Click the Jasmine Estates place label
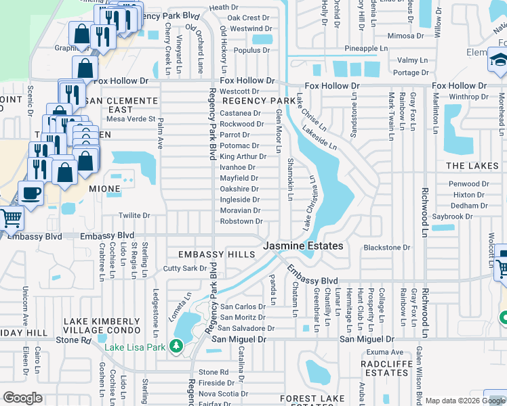pos(303,246)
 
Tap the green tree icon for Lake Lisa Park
pos(176,347)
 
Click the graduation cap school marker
pos(499,63)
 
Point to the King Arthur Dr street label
pos(243,156)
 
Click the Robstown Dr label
pos(241,221)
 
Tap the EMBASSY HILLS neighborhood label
pos(216,254)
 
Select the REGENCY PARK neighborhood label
pos(264,101)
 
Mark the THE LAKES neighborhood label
pos(472,166)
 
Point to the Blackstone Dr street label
pos(387,248)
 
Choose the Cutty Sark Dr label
pos(185,269)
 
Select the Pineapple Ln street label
pos(365,49)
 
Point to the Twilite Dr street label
pos(134,216)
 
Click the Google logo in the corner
pos(22,398)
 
